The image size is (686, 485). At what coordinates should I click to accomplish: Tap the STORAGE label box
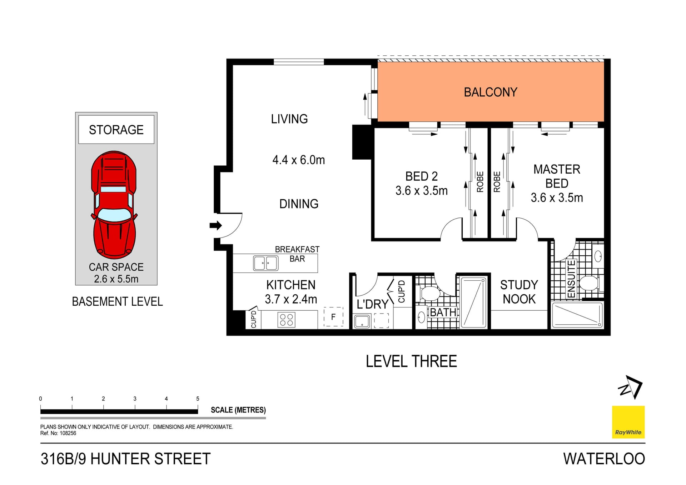(116, 129)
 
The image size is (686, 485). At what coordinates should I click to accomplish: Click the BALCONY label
(490, 92)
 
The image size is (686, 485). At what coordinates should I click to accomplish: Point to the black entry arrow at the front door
(215, 225)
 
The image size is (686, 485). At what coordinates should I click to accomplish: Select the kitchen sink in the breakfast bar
(265, 263)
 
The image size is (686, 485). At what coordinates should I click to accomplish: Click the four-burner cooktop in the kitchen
(286, 320)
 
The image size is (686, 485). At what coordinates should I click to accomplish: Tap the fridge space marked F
(333, 317)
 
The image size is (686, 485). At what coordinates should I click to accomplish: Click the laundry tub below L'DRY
(362, 321)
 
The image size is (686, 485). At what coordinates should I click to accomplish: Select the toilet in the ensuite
(589, 283)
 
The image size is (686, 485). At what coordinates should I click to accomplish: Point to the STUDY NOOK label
(519, 292)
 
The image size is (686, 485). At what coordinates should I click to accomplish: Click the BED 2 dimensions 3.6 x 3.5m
(421, 191)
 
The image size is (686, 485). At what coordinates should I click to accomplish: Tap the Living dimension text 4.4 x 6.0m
(298, 160)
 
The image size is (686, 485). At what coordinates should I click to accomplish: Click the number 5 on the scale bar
(198, 399)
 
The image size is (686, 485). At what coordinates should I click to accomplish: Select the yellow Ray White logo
(628, 422)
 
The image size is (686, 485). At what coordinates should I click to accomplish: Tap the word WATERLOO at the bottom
(604, 459)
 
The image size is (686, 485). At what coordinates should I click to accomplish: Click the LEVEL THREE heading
(411, 361)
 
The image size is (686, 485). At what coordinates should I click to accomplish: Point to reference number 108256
(68, 433)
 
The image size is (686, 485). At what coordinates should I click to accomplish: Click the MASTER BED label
(556, 176)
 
